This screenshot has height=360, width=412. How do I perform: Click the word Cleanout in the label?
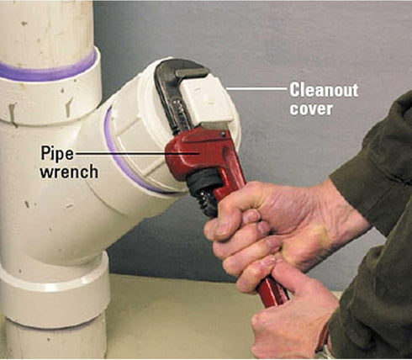click(324, 90)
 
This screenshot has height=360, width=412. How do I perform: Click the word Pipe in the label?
click(57, 154)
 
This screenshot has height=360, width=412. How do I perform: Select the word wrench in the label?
click(69, 172)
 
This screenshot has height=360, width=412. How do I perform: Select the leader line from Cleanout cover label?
click(257, 88)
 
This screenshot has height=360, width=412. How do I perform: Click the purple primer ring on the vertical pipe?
click(48, 70)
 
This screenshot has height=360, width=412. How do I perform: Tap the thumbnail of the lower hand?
click(267, 262)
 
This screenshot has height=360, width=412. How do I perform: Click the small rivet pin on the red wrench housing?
click(223, 135)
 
